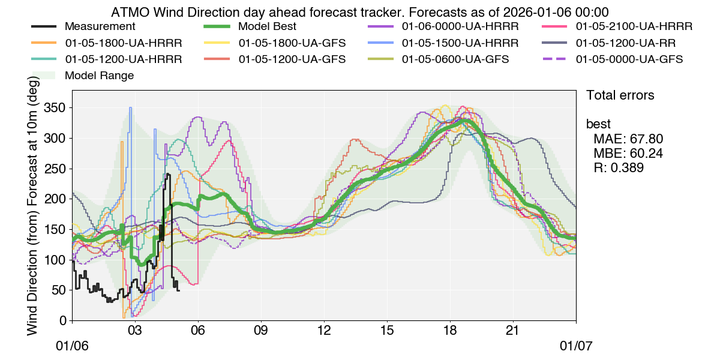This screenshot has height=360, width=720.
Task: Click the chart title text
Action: point(360,12)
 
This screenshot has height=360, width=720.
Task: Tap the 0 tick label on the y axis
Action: point(62,320)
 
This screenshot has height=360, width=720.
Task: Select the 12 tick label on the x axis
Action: point(324,331)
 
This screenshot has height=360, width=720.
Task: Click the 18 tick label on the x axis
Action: point(450,331)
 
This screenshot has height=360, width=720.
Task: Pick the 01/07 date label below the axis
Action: point(576,347)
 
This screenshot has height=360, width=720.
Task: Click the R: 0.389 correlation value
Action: point(619,168)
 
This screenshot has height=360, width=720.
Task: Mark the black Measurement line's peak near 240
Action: point(169,175)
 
